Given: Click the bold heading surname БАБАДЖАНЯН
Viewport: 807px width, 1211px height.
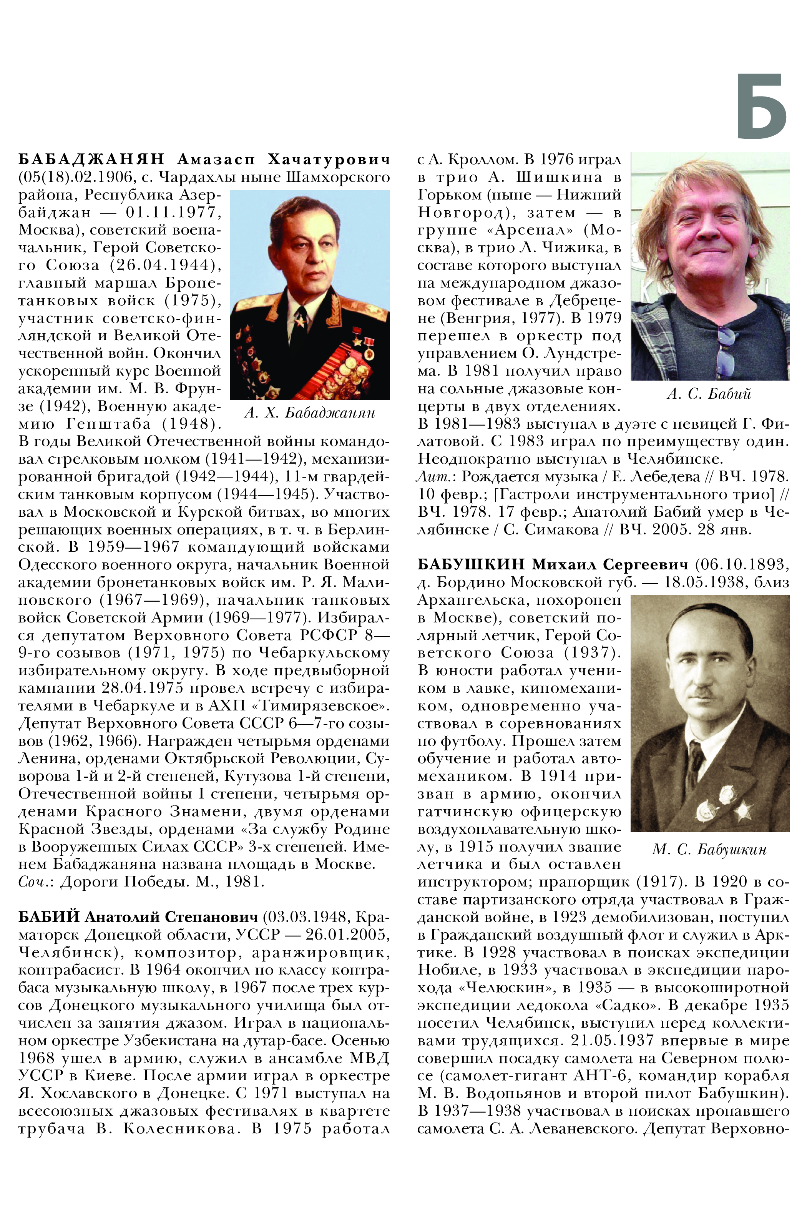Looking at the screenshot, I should click(x=91, y=159).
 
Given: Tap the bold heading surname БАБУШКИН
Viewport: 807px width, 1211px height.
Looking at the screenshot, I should click(x=470, y=564).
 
